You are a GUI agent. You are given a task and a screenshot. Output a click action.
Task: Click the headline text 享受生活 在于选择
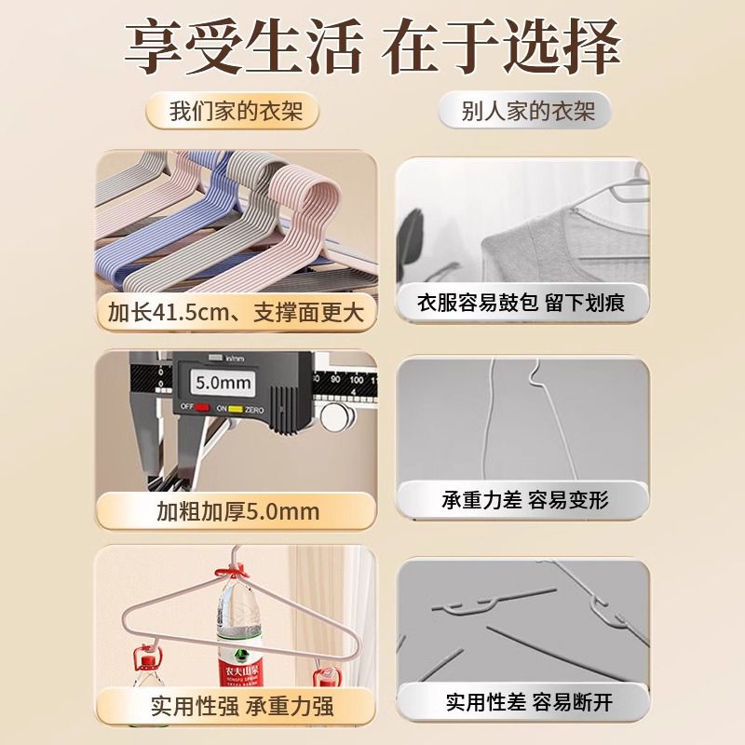pyautogui.click(x=372, y=47)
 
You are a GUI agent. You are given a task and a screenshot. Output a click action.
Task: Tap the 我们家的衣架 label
pyautogui.click(x=237, y=112)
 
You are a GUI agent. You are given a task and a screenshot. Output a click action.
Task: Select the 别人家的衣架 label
pyautogui.click(x=528, y=111)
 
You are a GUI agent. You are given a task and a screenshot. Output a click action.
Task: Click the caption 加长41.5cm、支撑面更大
pyautogui.click(x=237, y=313)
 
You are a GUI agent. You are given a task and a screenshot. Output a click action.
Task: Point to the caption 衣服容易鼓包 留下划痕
pyautogui.click(x=521, y=303)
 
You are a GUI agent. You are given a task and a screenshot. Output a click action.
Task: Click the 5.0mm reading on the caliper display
pyautogui.click(x=223, y=383)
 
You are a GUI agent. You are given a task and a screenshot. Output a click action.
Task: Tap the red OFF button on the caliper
pyautogui.click(x=201, y=407)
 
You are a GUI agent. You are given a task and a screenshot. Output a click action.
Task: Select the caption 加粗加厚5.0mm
pyautogui.click(x=238, y=511)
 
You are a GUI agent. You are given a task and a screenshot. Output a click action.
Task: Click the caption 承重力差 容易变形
pyautogui.click(x=525, y=500)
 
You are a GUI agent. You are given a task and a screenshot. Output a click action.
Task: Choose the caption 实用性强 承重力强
pyautogui.click(x=242, y=706)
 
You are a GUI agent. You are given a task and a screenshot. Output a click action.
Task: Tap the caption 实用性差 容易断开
pyautogui.click(x=529, y=702)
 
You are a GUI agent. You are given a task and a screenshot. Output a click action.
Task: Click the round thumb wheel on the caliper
pyautogui.click(x=337, y=416)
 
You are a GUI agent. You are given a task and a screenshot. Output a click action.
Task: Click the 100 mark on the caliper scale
pyautogui.click(x=357, y=380)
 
